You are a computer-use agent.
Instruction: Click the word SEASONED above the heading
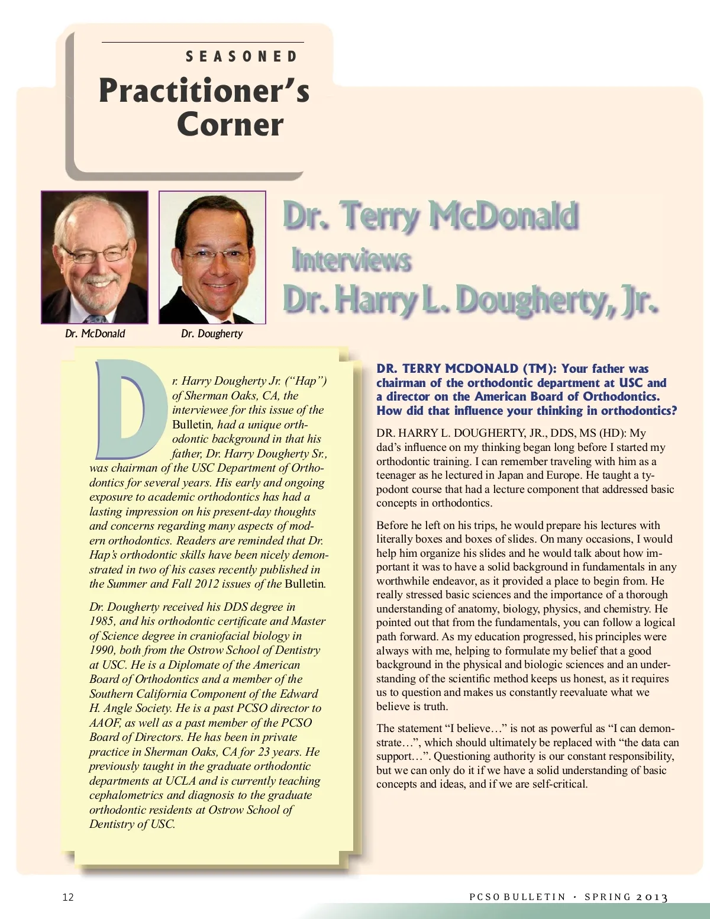point(241,57)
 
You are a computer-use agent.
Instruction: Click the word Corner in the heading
point(230,124)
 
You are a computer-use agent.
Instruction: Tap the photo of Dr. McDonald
point(95,257)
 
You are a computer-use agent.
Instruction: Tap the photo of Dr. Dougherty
point(212,257)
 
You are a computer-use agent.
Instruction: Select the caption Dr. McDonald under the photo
point(95,334)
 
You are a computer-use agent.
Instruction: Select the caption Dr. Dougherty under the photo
point(212,334)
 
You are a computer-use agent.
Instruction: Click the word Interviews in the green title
point(351,260)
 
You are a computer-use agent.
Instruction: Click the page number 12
point(68,897)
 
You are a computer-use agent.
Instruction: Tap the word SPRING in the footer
point(607,897)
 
